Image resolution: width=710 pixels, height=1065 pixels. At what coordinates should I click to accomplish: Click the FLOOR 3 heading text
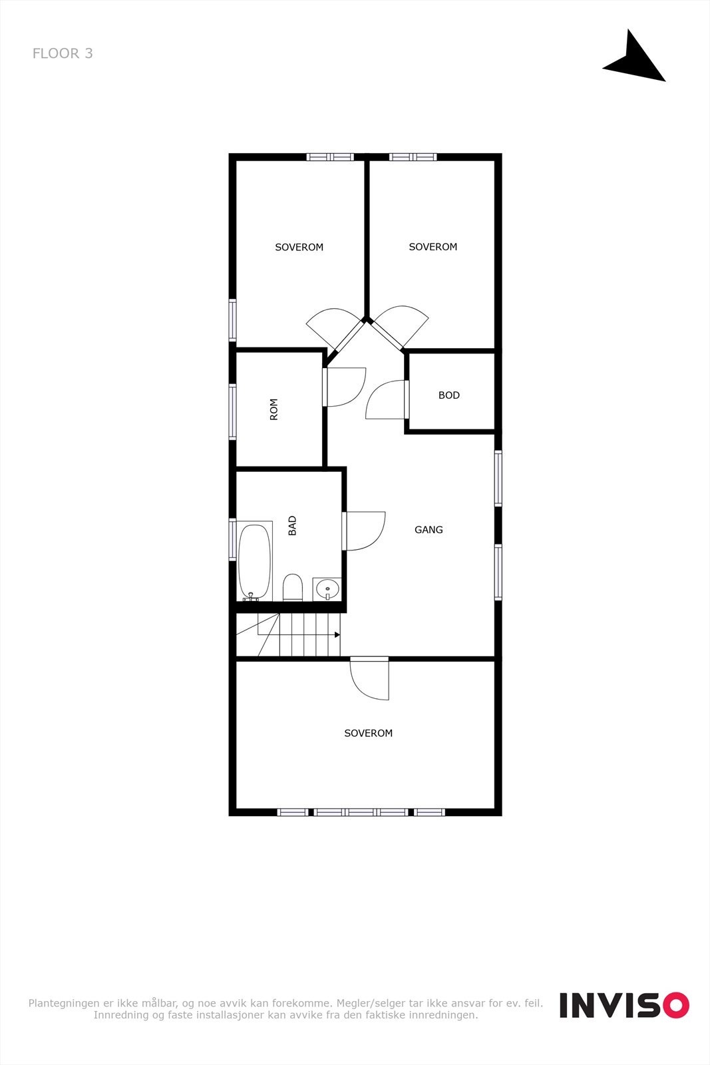(63, 54)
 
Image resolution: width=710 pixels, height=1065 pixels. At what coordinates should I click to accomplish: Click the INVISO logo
(623, 1004)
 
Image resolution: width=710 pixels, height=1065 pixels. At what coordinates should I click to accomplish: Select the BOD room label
(449, 395)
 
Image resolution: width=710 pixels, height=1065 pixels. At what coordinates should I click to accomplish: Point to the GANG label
(429, 530)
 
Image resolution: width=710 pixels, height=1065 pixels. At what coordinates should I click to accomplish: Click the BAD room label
(292, 526)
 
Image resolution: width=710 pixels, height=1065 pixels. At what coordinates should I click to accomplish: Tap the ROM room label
(273, 409)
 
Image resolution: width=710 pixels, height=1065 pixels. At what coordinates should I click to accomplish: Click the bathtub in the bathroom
(255, 561)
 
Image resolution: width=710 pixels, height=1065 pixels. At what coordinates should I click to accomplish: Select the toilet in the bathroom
(293, 588)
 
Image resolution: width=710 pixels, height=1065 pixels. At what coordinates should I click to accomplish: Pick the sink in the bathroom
(327, 589)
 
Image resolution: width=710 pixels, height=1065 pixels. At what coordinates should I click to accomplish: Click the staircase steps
(303, 634)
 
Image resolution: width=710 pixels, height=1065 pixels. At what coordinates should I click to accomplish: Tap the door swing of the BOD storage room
(386, 400)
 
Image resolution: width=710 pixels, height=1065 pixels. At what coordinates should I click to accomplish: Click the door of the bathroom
(363, 531)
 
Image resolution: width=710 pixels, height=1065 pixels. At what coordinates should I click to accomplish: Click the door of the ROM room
(345, 387)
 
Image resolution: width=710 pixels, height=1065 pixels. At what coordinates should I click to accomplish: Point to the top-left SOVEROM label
(299, 247)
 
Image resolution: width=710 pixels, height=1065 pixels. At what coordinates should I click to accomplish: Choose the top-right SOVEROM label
(433, 247)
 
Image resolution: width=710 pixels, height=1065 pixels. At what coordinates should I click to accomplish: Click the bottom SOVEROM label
(369, 734)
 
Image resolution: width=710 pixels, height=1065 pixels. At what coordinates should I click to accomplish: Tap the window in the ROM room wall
(232, 411)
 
